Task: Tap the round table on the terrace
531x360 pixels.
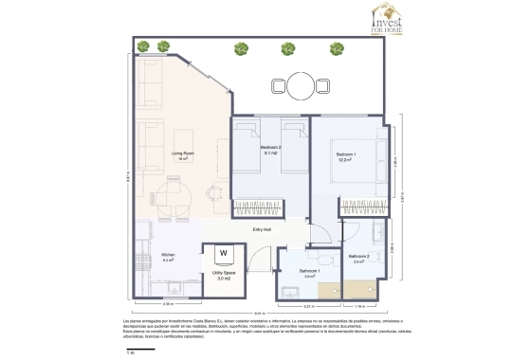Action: click(299, 85)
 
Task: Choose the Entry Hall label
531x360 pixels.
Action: click(263, 229)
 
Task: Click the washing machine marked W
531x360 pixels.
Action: click(225, 253)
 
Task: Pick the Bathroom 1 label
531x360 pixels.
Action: click(309, 274)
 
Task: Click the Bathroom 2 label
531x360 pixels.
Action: click(358, 259)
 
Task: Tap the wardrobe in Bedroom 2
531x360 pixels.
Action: click(259, 205)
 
